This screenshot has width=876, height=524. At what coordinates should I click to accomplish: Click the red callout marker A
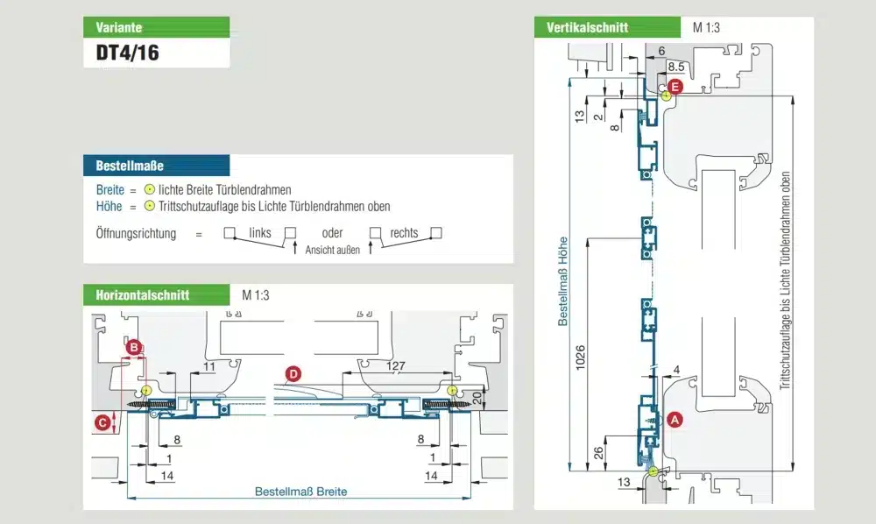pos(674,420)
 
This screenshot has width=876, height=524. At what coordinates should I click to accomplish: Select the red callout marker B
pos(134,348)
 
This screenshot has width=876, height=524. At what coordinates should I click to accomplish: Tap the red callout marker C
pos(102,422)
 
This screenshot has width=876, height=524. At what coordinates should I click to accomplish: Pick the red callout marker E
pos(675,86)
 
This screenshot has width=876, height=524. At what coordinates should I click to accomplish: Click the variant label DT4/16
pos(127,52)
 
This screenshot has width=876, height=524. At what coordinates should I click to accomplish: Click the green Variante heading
pos(119,27)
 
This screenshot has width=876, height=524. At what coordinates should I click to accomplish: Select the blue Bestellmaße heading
pos(130,165)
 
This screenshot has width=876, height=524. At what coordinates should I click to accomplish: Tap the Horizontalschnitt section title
pos(142,295)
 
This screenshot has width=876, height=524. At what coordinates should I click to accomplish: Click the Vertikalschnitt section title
pos(587,27)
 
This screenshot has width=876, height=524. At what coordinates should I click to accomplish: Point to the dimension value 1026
pos(580,358)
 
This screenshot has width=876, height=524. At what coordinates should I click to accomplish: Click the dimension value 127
pos(397,366)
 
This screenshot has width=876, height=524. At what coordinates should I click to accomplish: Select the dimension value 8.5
pos(676,67)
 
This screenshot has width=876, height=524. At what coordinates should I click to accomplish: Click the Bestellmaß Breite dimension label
pos(300,492)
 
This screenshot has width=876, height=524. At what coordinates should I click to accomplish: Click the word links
pos(260,233)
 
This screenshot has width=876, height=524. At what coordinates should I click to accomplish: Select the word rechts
pos(404,233)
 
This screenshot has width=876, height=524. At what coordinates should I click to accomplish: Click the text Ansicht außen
pos(333,250)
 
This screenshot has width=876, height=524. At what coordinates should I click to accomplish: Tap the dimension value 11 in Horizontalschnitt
pos(208,366)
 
